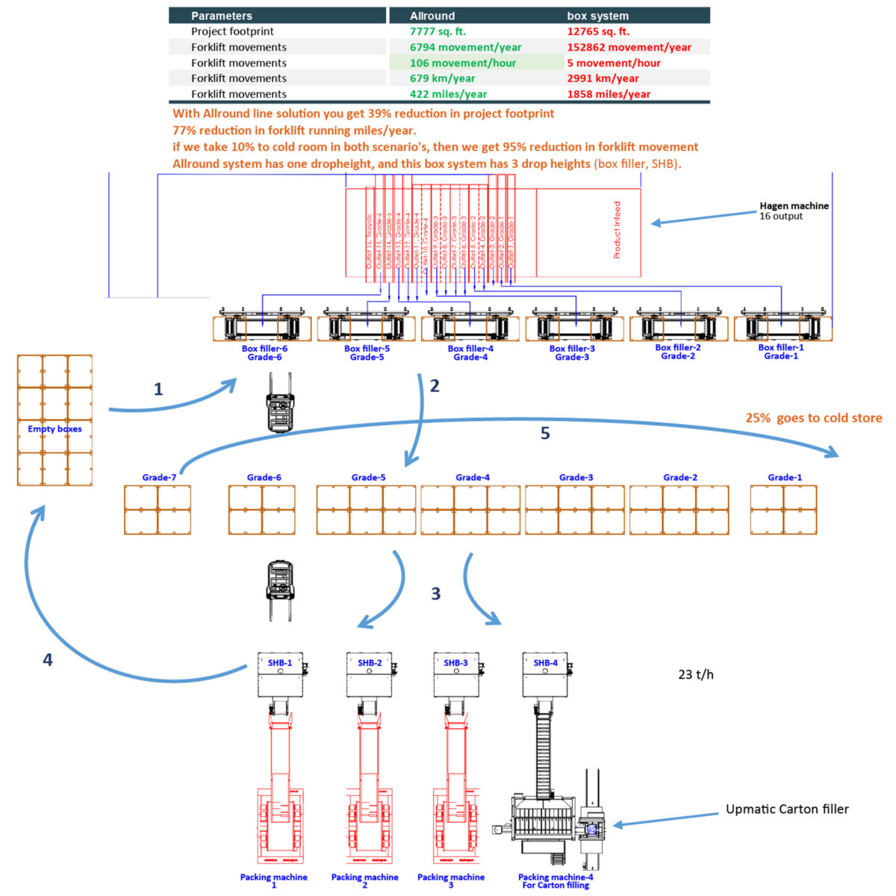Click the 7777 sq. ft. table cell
[438, 31]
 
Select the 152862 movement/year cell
[629, 47]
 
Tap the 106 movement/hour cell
[462, 63]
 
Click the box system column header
[597, 16]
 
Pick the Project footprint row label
[232, 31]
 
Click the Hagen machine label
[794, 206]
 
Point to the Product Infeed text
[617, 230]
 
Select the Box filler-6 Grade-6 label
[264, 352]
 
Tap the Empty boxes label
[55, 429]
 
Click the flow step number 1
[158, 389]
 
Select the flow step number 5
[545, 434]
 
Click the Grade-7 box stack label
[159, 477]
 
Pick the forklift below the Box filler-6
[281, 402]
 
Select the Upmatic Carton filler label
[787, 809]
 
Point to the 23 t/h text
[695, 674]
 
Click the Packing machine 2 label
[364, 881]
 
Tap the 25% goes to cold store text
[813, 418]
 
